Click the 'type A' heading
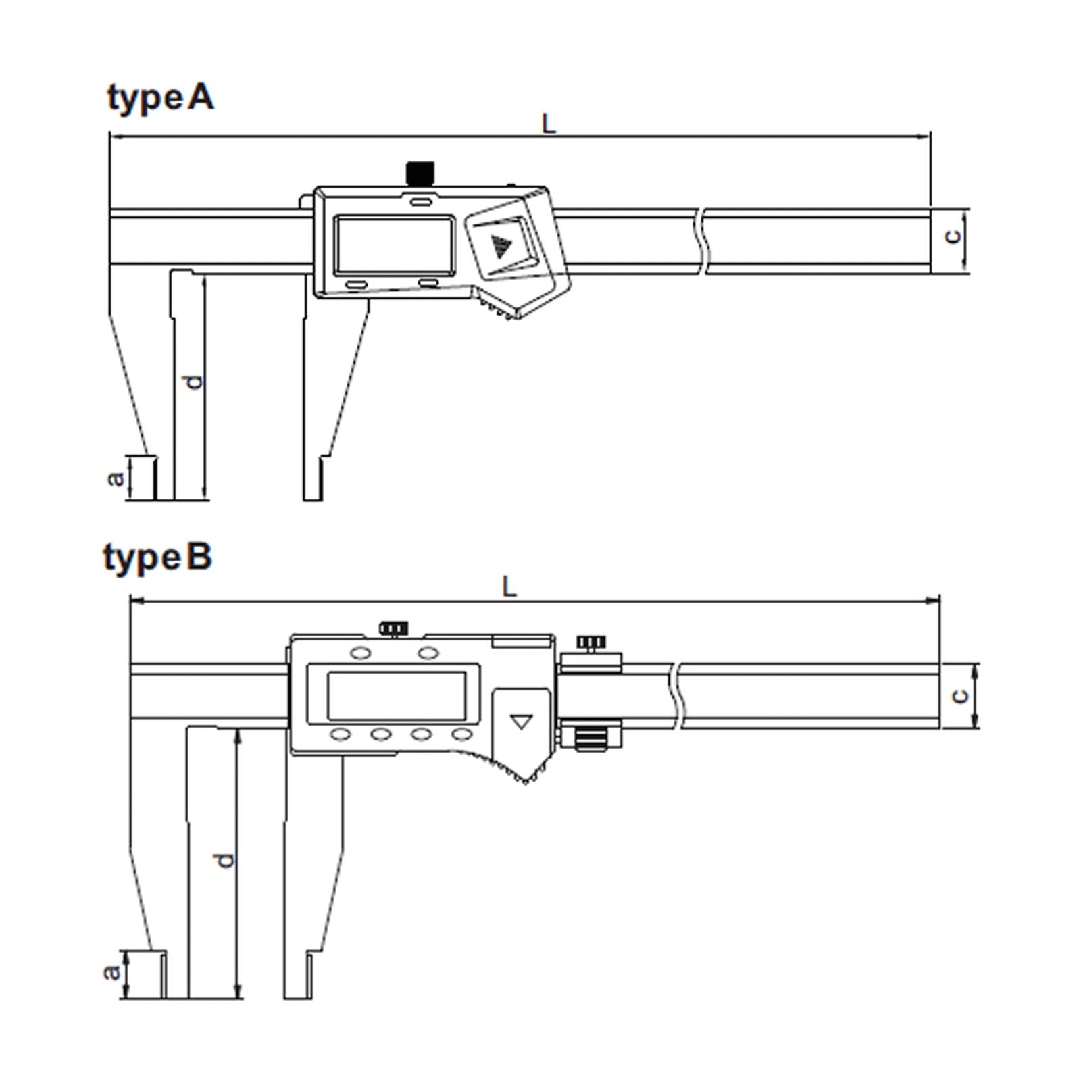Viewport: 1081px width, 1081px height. click(161, 99)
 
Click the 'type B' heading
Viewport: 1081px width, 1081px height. click(157, 559)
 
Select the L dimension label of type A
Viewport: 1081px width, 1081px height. click(549, 124)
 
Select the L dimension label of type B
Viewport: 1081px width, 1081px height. click(509, 586)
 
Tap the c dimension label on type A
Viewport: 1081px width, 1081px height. click(952, 236)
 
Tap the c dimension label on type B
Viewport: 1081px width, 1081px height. click(959, 696)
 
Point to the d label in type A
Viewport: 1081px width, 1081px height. click(194, 382)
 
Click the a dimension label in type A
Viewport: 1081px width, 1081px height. click(116, 478)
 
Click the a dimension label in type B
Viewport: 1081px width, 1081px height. click(111, 972)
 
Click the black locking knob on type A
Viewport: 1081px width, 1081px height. click(420, 173)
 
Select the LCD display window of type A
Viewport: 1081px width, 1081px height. click(395, 245)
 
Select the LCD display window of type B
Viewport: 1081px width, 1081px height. click(396, 696)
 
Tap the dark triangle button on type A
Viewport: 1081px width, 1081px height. click(501, 247)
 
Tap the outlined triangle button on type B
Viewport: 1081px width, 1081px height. click(521, 722)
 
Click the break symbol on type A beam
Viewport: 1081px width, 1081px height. click(702, 241)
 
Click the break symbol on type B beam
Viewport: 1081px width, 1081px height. click(676, 696)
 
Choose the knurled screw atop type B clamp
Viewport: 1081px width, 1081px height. click(590, 642)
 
